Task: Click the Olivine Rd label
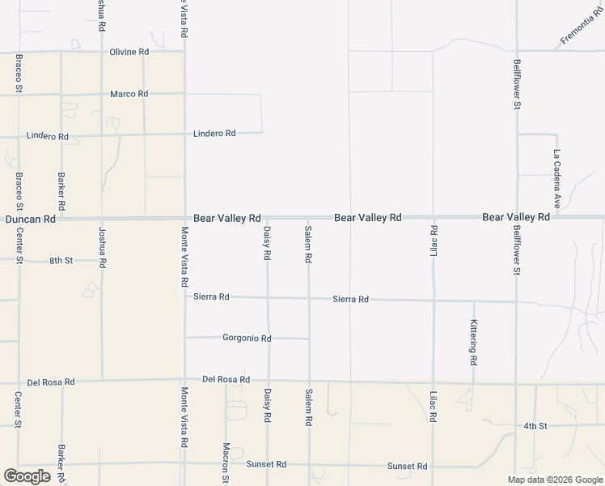(129, 52)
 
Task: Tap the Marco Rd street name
(129, 94)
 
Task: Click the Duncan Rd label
(31, 219)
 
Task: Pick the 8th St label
(61, 261)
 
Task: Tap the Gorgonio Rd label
(247, 338)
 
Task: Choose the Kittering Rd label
(474, 340)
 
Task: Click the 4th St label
(535, 425)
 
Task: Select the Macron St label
(226, 463)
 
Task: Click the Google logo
(27, 476)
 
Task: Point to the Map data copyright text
(554, 480)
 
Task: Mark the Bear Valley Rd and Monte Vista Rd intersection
(184, 218)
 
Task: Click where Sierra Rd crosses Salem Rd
(308, 299)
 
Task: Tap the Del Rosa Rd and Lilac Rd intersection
(434, 382)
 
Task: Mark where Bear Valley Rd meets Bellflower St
(517, 217)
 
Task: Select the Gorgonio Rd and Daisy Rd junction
(268, 338)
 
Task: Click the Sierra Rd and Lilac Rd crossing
(434, 301)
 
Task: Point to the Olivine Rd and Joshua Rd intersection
(101, 52)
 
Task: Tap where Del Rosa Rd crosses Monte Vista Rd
(184, 380)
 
